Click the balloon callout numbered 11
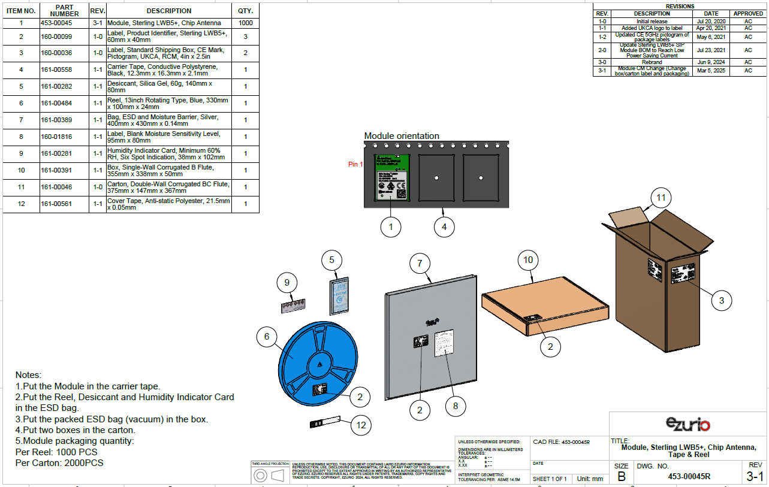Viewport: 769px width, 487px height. (661, 197)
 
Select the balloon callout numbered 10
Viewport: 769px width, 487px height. (528, 260)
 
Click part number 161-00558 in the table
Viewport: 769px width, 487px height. (56, 69)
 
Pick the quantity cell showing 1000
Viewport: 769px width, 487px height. (245, 23)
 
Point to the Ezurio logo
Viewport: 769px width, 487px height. (687, 425)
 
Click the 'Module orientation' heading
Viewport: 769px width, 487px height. (402, 136)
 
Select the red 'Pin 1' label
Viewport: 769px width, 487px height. (355, 164)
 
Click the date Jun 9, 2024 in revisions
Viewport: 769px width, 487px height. (711, 62)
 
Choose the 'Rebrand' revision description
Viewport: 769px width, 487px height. (652, 62)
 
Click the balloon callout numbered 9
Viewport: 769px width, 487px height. (287, 282)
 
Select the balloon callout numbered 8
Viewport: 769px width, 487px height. (456, 406)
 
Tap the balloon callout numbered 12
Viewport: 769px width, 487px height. (361, 425)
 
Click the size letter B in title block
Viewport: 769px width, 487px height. (621, 477)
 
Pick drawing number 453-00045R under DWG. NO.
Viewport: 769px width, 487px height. (689, 477)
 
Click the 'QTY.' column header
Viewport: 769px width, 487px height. (245, 11)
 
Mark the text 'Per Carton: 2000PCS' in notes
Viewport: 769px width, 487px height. (59, 463)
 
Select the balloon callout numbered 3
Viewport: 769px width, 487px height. (722, 301)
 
